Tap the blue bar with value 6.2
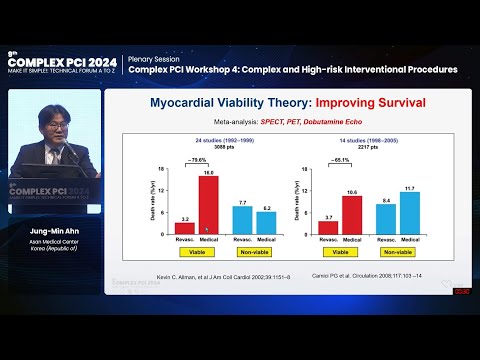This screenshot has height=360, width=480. click(x=265, y=223)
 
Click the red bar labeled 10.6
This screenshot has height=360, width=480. click(x=351, y=214)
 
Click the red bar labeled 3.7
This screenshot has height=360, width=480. click(x=329, y=228)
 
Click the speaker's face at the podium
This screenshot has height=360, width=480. click(x=56, y=128)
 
